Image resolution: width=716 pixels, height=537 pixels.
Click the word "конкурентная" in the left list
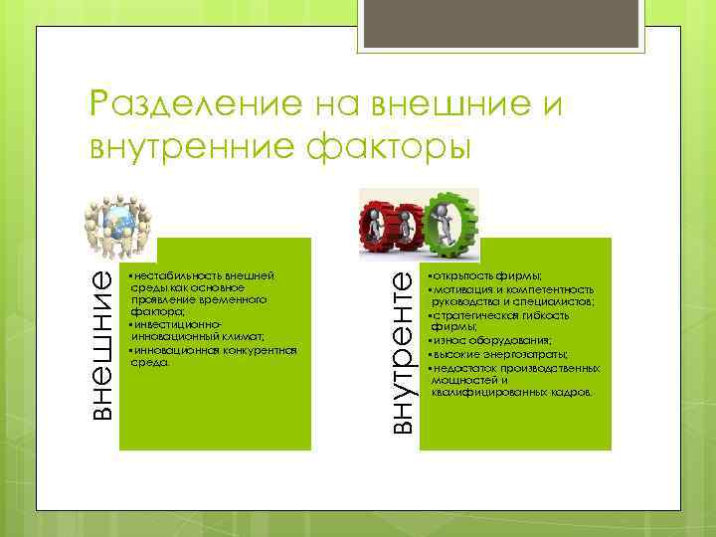point(252,350)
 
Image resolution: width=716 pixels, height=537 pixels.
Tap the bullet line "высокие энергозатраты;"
point(498,353)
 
